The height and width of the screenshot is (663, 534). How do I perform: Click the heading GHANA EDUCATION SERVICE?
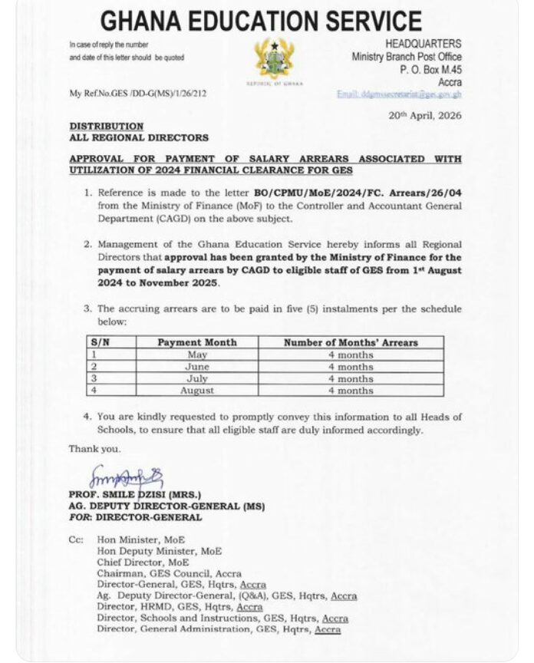click(262, 21)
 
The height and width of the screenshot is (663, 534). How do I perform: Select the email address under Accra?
click(399, 93)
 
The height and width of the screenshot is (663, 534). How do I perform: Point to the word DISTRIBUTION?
click(107, 125)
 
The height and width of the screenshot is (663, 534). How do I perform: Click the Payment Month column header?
click(197, 342)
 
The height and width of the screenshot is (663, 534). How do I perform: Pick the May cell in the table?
click(197, 355)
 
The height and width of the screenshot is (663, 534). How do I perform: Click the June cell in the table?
click(197, 367)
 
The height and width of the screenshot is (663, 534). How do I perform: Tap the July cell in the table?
click(197, 378)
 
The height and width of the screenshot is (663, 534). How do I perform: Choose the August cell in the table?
click(197, 390)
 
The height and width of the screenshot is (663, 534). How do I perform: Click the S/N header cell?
click(100, 342)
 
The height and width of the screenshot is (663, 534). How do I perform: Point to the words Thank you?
click(94, 448)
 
